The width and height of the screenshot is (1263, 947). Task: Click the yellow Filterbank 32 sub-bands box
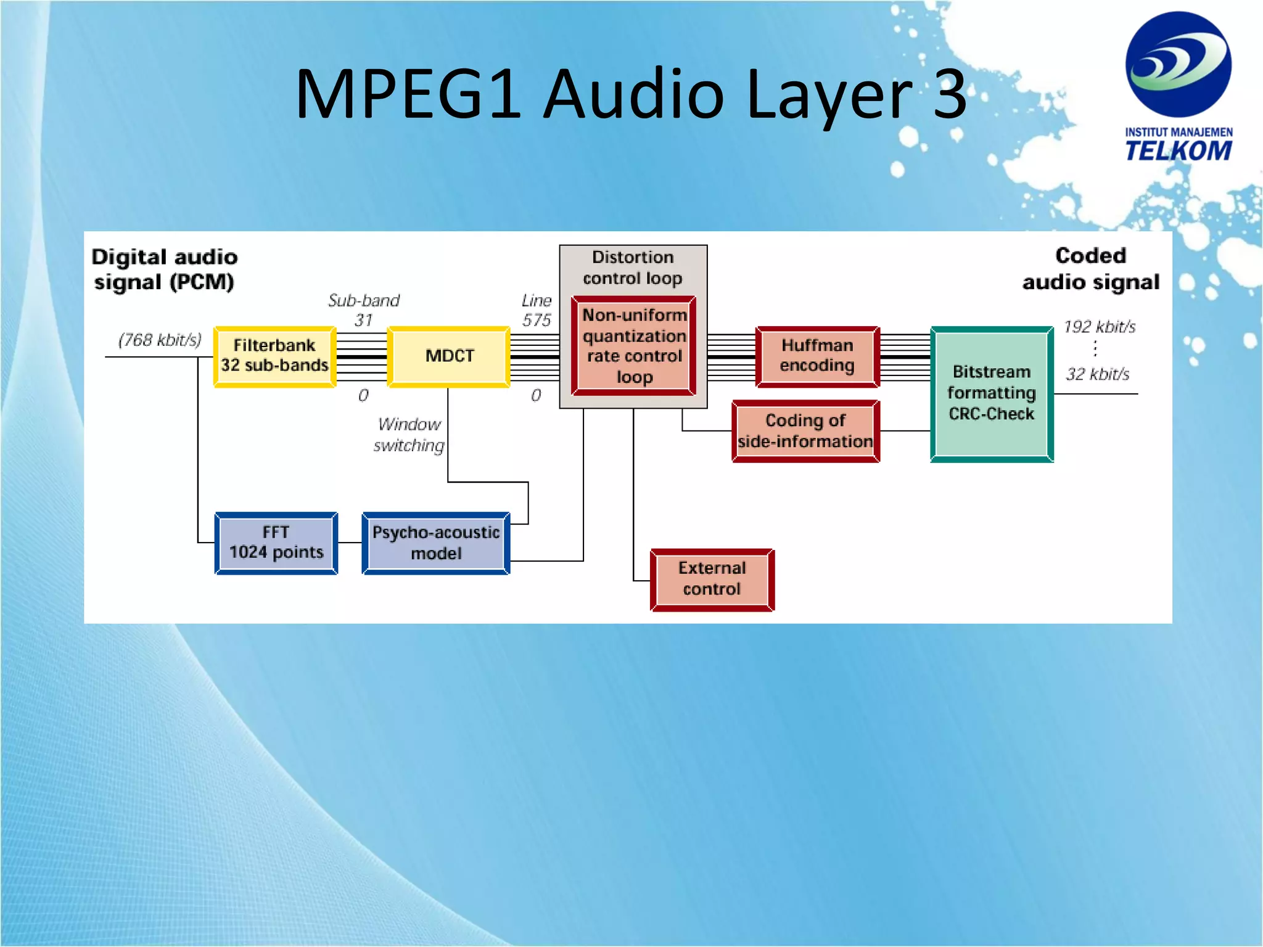[x=274, y=356]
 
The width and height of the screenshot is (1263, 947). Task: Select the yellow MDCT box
[x=449, y=356]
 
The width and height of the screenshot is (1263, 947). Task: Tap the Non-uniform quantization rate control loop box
[x=634, y=346]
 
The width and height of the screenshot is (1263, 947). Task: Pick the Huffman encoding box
[x=817, y=356]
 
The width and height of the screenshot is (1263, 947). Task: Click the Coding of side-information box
[x=805, y=431]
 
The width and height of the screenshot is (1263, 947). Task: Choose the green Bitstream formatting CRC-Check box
[x=992, y=393]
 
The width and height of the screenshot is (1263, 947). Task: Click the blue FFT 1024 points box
[x=276, y=543]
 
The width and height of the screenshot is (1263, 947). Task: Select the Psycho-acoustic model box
[x=436, y=543]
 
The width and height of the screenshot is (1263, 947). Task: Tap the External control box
[x=712, y=579]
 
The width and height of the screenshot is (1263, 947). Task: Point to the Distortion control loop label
[x=633, y=268]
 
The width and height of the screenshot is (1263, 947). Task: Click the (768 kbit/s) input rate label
[x=160, y=340]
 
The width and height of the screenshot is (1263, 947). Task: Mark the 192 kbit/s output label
[x=1100, y=327]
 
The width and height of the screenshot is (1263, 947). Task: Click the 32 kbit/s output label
[x=1098, y=374]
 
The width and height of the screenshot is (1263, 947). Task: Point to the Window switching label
[x=409, y=435]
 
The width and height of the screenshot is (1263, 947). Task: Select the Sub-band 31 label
[x=364, y=310]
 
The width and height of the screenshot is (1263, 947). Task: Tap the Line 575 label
[x=537, y=310]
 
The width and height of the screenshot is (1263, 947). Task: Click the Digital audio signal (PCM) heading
[x=165, y=269]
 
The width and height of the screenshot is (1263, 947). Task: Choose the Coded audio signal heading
[x=1091, y=269]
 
